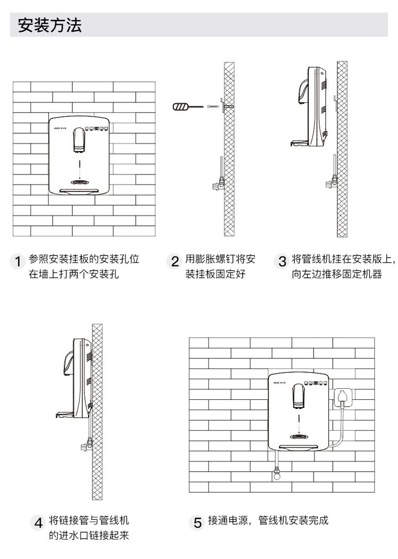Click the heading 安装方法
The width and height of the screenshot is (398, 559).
pyautogui.click(x=50, y=25)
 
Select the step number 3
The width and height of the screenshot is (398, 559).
pyautogui.click(x=282, y=261)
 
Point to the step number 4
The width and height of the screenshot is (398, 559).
pyautogui.click(x=38, y=522)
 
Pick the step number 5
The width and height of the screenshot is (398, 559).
pyautogui.click(x=197, y=522)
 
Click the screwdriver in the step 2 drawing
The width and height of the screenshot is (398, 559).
pyautogui.click(x=187, y=108)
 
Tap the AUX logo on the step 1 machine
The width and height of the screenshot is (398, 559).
pyautogui.click(x=58, y=127)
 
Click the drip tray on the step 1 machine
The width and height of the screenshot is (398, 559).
pyautogui.click(x=80, y=190)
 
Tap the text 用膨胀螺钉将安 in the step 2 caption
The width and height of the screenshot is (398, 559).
pyautogui.click(x=220, y=259)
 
